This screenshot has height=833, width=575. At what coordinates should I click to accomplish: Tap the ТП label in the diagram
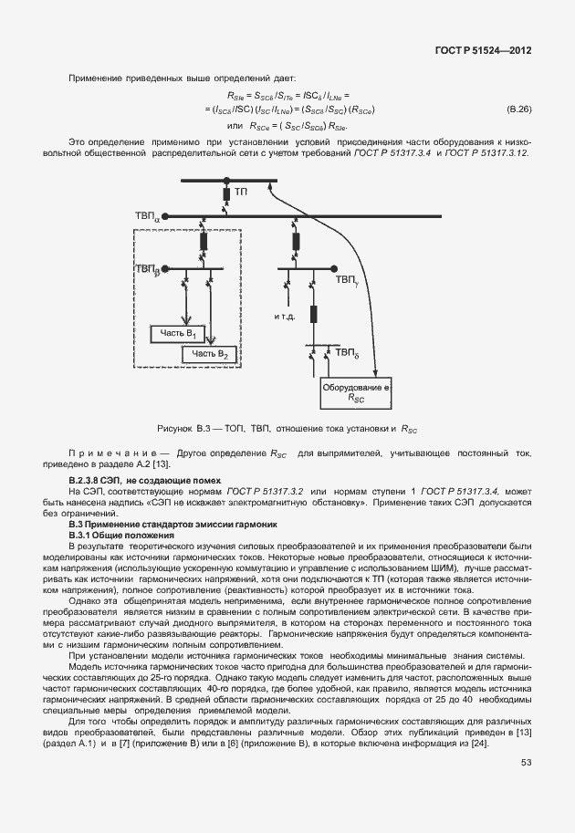(x=241, y=193)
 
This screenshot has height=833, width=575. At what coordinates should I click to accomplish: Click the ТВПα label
(x=146, y=217)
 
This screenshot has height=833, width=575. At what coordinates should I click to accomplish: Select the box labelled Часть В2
(x=212, y=353)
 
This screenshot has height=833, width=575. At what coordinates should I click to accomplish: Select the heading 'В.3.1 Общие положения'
(x=121, y=535)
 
